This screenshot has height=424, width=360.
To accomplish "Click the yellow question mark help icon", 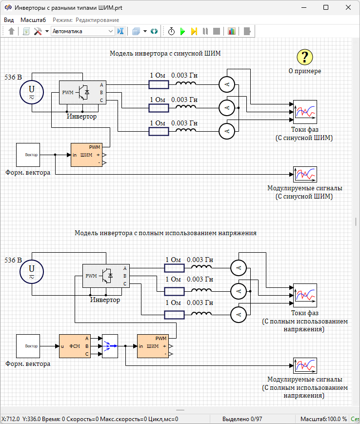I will (305, 57).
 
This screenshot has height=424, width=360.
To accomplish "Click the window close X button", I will (348, 8).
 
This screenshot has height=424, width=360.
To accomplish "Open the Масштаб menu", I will (33, 20).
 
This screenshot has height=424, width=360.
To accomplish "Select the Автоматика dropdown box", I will (82, 31).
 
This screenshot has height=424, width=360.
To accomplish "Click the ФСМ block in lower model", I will (75, 346).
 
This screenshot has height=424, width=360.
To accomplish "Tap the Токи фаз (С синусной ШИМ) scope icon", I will (305, 113).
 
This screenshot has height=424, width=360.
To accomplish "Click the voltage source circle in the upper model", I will (32, 92).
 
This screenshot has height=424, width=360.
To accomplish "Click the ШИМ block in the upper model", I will (86, 155).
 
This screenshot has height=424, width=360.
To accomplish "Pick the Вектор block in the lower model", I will (31, 346).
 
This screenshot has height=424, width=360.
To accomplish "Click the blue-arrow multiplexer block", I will (110, 346).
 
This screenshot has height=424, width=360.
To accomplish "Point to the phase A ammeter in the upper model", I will (226, 84).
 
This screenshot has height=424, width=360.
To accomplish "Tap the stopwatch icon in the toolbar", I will (172, 31).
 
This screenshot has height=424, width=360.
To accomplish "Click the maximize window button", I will (326, 8).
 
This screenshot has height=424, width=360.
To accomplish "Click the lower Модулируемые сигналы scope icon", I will (305, 365).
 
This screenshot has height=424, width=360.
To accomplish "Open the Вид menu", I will (9, 20).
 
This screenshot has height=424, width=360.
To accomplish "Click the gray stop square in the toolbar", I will (216, 31).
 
